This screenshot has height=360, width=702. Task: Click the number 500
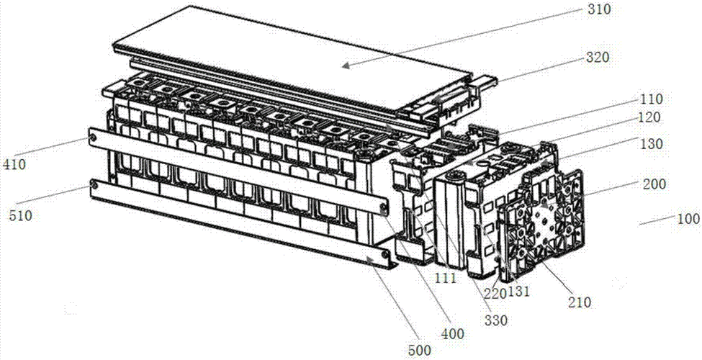pyautogui.click(x=420, y=350)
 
